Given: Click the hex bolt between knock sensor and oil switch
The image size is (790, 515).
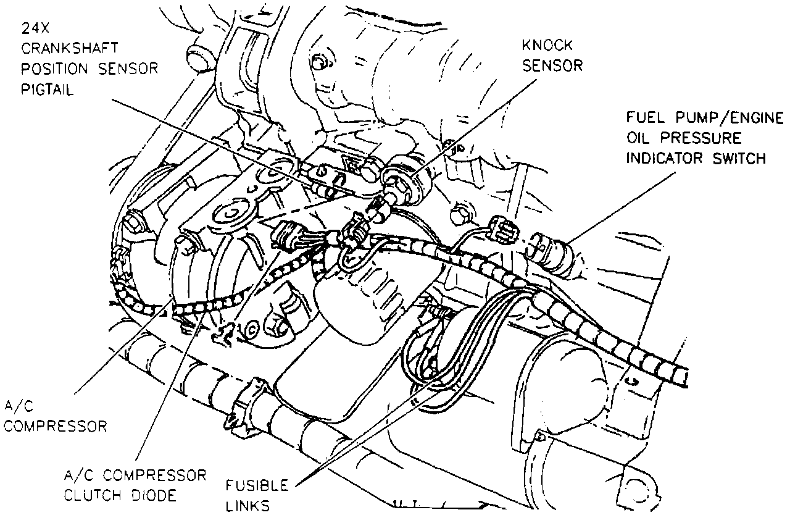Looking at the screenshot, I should [x=460, y=214].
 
